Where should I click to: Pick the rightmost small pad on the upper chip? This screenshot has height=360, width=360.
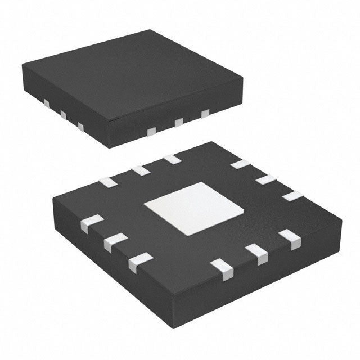[x=205, y=114]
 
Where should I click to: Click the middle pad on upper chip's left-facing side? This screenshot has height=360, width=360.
[x=63, y=115]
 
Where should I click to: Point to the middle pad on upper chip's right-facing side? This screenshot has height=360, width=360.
[x=179, y=123]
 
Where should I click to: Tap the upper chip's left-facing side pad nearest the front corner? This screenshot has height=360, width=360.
[x=80, y=127]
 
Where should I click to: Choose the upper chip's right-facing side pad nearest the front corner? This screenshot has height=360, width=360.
[x=151, y=132]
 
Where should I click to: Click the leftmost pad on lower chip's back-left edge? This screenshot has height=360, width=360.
[x=106, y=181]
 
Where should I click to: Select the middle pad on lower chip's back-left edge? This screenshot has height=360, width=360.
[x=139, y=170]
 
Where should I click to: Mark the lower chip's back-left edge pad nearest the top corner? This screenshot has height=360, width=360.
[x=172, y=159]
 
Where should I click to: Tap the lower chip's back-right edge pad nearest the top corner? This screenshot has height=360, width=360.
[x=241, y=164]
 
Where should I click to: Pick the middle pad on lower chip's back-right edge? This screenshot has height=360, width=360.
[x=265, y=179]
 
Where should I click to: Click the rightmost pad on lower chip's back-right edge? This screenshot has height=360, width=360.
[x=292, y=196]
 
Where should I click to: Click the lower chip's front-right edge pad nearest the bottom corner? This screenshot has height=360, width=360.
[x=222, y=269]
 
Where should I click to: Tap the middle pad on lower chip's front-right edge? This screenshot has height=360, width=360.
[x=259, y=254]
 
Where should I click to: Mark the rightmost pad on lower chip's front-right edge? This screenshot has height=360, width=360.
[x=291, y=240]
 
